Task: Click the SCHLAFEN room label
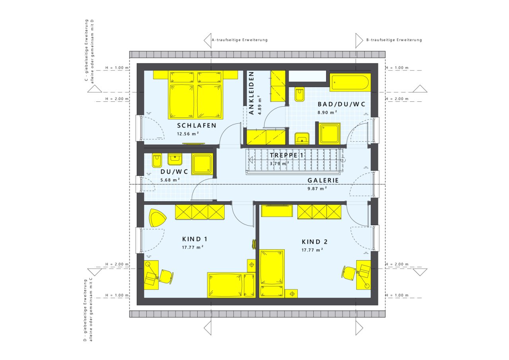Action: click(196, 125)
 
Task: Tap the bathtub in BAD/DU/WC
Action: click(350, 82)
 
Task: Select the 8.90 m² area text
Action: click(327, 113)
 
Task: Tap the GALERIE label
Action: click(323, 181)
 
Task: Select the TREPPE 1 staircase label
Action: click(286, 156)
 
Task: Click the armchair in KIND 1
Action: click(157, 218)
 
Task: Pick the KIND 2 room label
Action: click(315, 242)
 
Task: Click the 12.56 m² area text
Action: click(188, 134)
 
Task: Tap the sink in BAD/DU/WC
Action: click(302, 138)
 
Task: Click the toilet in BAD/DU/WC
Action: click(299, 94)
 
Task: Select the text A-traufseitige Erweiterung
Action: click(239, 40)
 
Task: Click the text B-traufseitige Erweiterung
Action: click(394, 40)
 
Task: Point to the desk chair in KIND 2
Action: click(349, 272)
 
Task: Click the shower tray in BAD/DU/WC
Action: click(330, 134)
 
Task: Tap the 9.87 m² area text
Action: click(317, 189)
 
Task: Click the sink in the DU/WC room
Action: click(175, 159)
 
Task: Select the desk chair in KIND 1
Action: click(166, 276)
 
